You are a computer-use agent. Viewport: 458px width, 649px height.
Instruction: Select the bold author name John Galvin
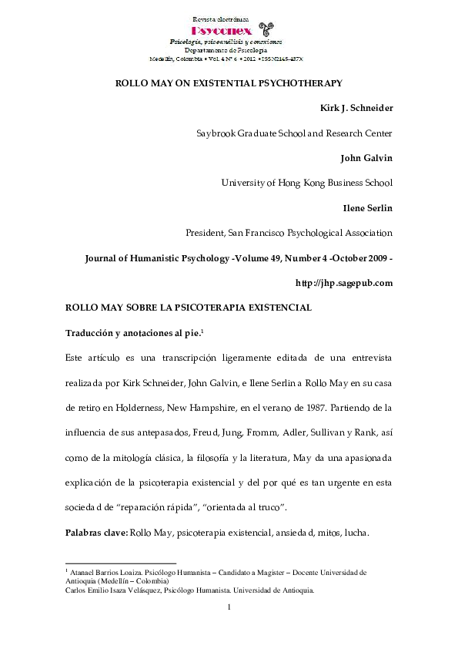click(x=366, y=158)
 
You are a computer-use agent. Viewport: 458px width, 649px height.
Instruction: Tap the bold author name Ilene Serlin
click(x=368, y=207)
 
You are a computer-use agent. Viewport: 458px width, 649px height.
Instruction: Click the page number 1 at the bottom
click(x=229, y=608)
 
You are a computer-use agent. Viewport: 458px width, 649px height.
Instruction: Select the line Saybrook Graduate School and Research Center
click(x=294, y=133)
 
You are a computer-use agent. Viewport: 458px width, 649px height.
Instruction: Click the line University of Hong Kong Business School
click(x=306, y=183)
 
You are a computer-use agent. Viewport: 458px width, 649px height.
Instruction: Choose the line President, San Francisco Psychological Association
click(x=289, y=233)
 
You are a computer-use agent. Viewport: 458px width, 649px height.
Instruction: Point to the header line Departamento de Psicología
click(x=228, y=49)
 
